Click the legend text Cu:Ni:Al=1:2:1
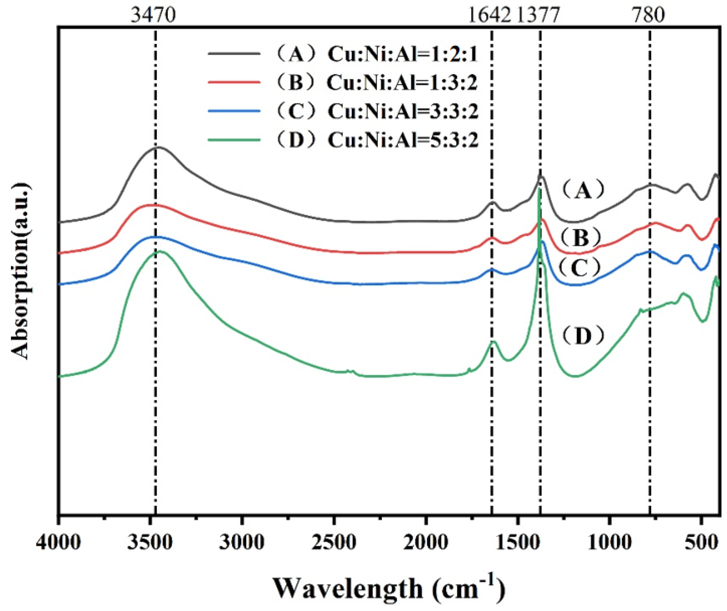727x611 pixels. click(x=403, y=55)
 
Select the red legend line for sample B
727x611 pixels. click(x=234, y=82)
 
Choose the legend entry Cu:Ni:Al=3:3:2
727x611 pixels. click(x=403, y=111)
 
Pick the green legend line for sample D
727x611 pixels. click(x=234, y=140)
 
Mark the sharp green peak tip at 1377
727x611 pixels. click(x=540, y=189)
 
